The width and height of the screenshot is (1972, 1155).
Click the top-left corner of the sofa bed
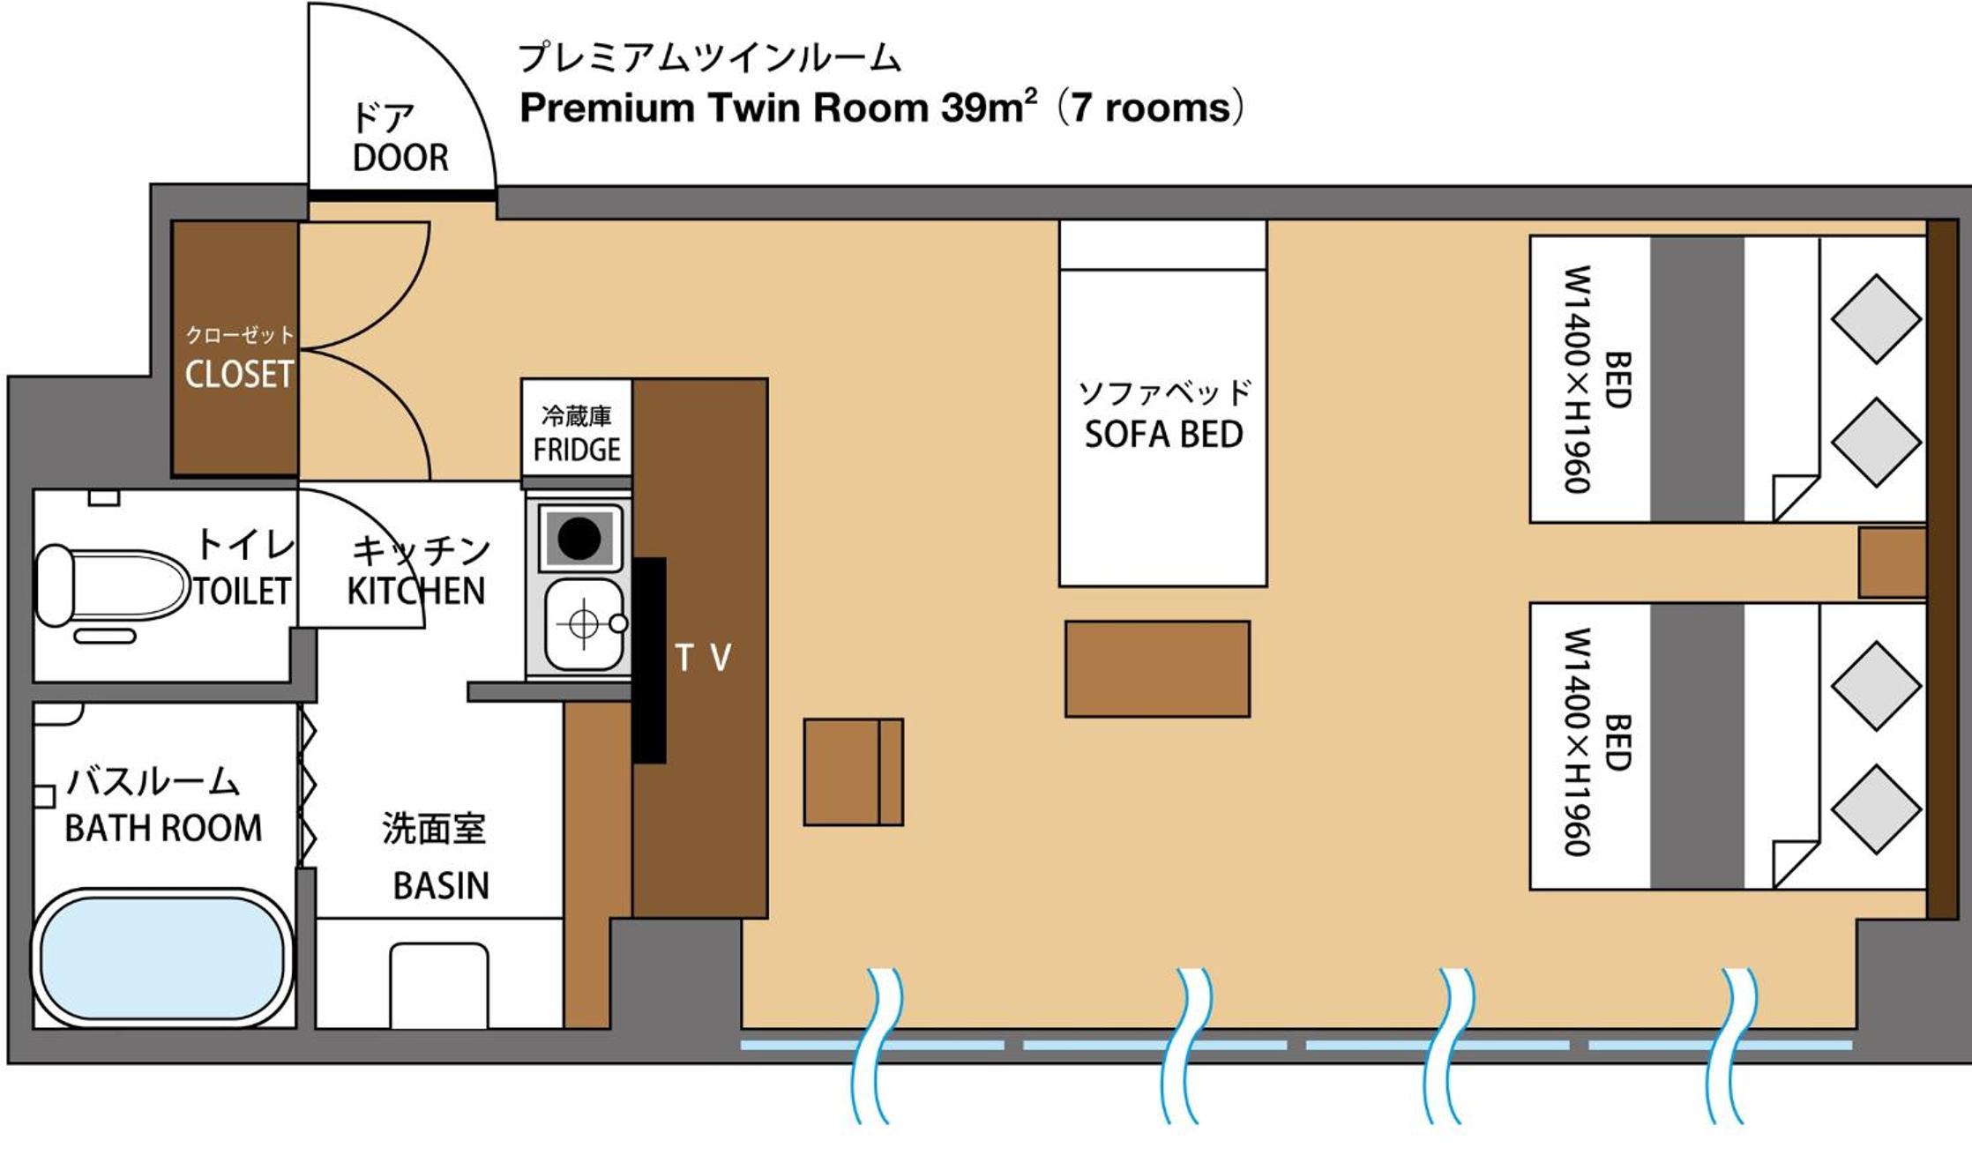1059,220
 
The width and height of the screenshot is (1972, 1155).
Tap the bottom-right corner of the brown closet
298,476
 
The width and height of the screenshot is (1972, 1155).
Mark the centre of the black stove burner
579,538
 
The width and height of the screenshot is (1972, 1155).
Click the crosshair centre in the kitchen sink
583,623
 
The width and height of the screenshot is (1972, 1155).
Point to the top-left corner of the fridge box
521,379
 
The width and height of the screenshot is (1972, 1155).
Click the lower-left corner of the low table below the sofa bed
1065,717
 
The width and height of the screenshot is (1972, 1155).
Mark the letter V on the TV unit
721,657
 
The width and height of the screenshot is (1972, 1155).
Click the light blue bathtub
163,958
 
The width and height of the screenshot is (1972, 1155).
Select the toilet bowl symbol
112,585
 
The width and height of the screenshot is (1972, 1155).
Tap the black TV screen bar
649,659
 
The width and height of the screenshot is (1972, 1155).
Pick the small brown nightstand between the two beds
1892,563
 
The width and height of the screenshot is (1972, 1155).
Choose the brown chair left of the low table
853,771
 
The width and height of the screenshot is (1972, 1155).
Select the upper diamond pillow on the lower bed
1876,686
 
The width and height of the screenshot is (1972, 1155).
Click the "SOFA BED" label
1163,435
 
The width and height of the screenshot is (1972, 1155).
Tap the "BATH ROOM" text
164,828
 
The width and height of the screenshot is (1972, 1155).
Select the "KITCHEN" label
415,591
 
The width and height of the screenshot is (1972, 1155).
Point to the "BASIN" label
441,885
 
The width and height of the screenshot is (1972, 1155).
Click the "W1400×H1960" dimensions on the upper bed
1577,379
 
